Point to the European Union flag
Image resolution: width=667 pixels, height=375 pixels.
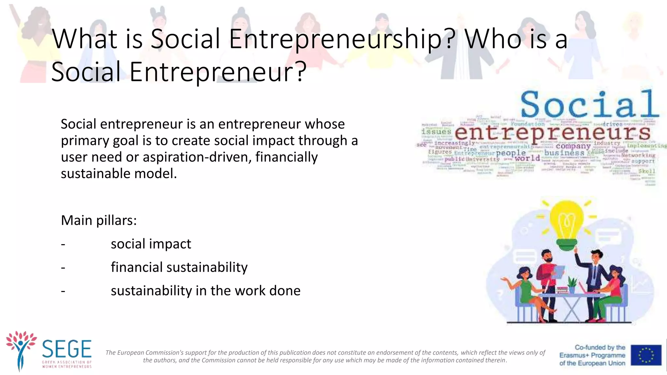pos(646,355)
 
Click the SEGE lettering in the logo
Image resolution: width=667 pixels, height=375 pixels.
pos(67,349)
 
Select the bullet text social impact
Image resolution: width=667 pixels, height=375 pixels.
pos(151,244)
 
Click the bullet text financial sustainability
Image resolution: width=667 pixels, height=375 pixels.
pos(179,267)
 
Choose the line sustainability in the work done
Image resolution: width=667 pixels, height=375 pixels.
pos(205,291)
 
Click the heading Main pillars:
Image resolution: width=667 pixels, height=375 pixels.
pos(99,220)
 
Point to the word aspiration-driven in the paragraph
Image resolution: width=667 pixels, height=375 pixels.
pos(197,157)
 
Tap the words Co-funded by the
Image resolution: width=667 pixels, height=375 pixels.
pos(600,347)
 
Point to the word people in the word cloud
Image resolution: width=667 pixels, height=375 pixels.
pos(511,153)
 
